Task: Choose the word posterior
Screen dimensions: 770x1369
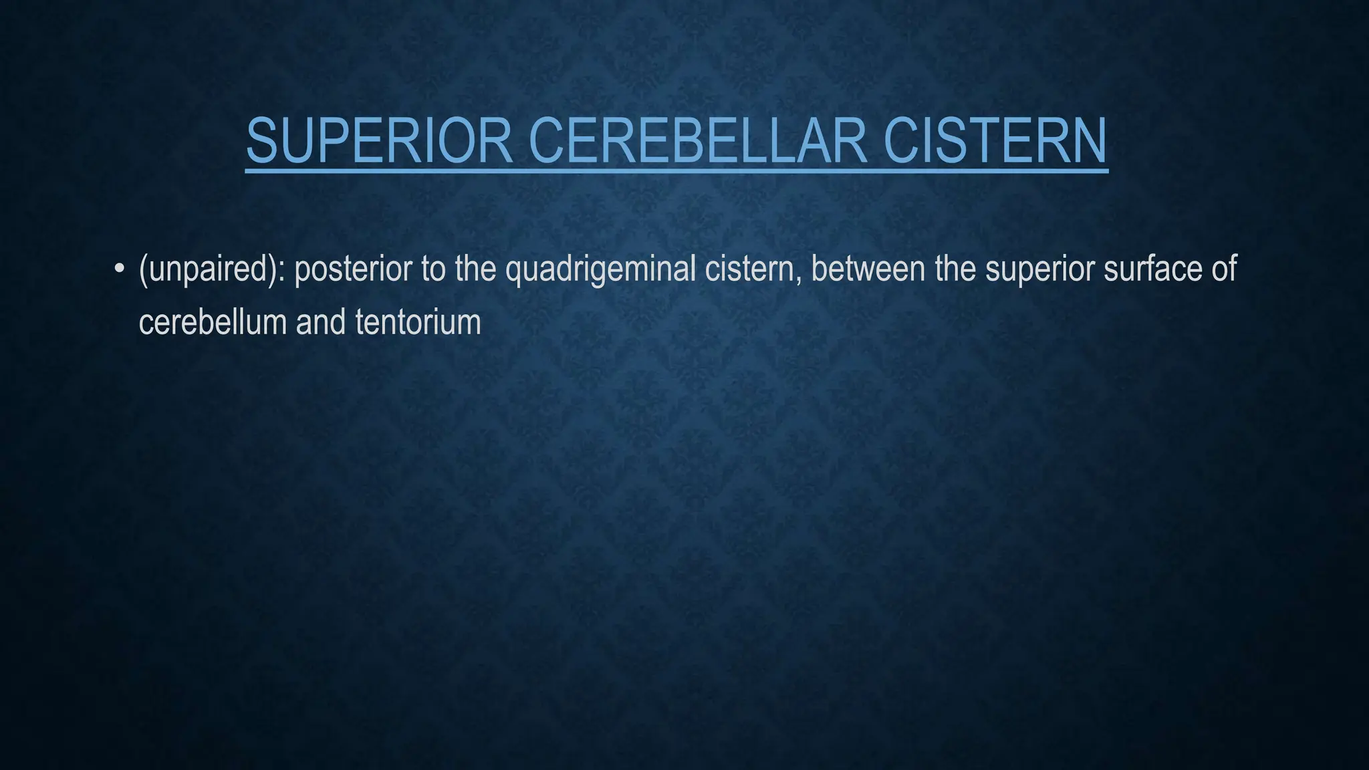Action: [x=352, y=269]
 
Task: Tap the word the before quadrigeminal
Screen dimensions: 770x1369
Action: [x=475, y=269]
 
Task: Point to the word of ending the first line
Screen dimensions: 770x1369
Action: [x=1223, y=269]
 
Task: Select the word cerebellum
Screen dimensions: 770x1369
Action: [x=212, y=322]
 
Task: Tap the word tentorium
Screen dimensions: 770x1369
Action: [x=418, y=322]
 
